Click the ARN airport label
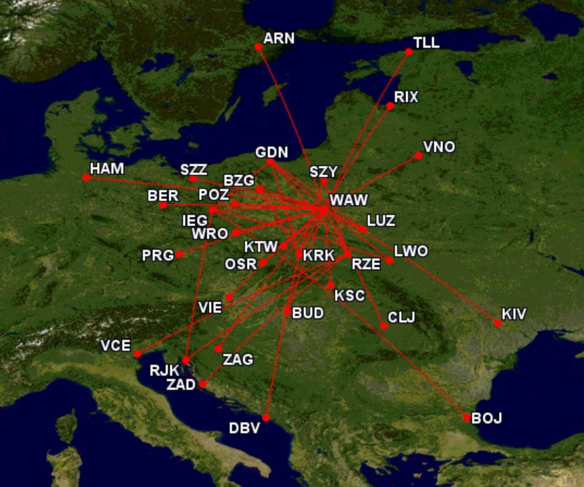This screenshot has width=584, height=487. [279, 39]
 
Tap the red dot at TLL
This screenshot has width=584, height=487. [409, 52]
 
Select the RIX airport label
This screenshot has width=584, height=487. [406, 97]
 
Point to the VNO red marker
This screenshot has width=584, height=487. [418, 156]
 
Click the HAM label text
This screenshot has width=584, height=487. [107, 168]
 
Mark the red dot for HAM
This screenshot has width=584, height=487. [86, 178]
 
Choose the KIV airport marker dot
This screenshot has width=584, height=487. [497, 323]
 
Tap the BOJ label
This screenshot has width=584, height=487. [487, 418]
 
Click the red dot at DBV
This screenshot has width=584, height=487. [266, 418]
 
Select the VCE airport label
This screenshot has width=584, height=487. [115, 345]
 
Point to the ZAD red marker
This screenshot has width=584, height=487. [203, 384]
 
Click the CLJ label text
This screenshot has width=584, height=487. [401, 317]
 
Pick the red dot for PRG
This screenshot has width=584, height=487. [179, 254]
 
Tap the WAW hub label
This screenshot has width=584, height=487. [349, 200]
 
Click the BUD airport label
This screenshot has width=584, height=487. [308, 313]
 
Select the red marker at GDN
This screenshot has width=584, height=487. [270, 162]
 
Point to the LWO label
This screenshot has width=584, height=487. [411, 251]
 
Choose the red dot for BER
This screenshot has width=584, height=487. [163, 205]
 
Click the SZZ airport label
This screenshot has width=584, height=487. [194, 169]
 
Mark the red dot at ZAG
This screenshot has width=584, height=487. [218, 349]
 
